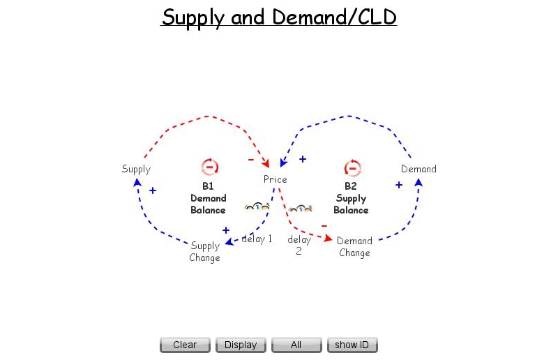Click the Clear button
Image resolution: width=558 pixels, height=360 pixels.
[x=185, y=345]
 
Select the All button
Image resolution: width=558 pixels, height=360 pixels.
[x=296, y=345]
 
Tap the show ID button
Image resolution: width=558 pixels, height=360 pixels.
[x=352, y=345]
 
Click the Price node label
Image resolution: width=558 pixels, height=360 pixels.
[x=275, y=179]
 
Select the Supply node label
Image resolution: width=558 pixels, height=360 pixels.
[x=136, y=169]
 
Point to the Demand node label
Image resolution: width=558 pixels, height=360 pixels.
[x=418, y=169]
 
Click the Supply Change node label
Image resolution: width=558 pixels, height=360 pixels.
[x=205, y=252]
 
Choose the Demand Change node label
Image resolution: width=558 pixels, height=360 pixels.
[x=354, y=247]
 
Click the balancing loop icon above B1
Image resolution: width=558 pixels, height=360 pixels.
[x=210, y=167]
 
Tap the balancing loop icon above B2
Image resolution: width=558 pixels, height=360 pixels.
[x=352, y=167]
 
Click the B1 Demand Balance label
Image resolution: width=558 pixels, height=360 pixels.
[x=208, y=198]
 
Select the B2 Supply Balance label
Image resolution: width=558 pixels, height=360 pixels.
[x=350, y=198]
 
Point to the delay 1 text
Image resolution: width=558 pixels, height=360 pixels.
[x=257, y=239]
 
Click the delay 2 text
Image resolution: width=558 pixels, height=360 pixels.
[x=299, y=245]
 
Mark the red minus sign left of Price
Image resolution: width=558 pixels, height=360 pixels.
[x=251, y=160]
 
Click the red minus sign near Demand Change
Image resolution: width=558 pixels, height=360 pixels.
[x=324, y=225]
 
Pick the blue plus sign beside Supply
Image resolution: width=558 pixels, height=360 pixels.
[x=153, y=190]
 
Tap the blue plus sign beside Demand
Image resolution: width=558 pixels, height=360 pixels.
[x=399, y=185]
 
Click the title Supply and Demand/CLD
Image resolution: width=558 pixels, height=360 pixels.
[x=279, y=17]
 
